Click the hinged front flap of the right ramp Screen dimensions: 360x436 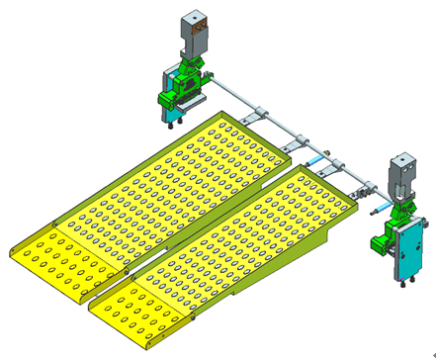[138, 312]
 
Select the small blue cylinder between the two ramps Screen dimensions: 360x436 [314, 158]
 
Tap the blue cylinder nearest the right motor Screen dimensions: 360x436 [377, 209]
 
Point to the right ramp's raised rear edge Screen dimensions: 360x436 [326, 178]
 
